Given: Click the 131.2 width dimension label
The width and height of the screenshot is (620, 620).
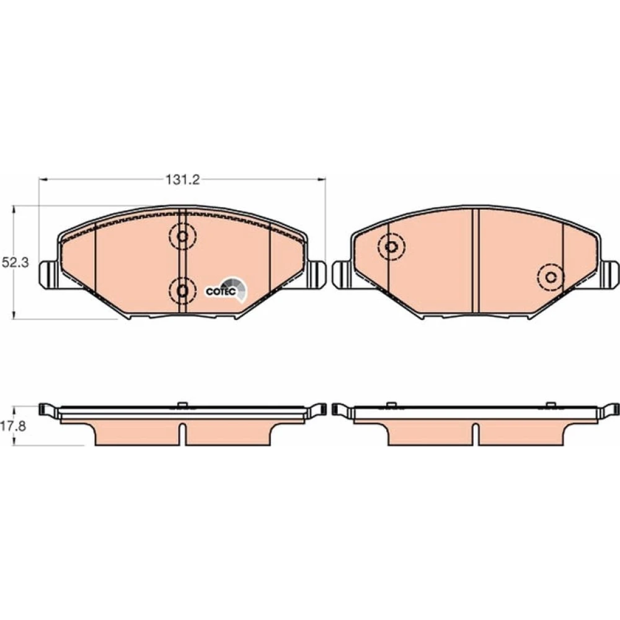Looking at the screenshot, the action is pyautogui.click(x=182, y=180).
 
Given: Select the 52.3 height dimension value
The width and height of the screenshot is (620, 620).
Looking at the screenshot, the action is pyautogui.click(x=15, y=263).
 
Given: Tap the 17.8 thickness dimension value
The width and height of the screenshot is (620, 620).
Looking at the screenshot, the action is pyautogui.click(x=14, y=427).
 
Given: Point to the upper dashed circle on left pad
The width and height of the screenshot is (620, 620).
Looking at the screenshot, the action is pyautogui.click(x=182, y=236).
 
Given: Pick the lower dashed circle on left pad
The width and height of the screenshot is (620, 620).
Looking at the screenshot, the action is pyautogui.click(x=182, y=291).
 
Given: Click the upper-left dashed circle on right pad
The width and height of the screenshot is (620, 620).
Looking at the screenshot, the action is pyautogui.click(x=391, y=247).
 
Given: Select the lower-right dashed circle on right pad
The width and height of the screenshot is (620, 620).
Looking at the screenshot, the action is pyautogui.click(x=551, y=277).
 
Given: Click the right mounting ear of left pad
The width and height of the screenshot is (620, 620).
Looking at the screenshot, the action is pyautogui.click(x=316, y=274).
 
